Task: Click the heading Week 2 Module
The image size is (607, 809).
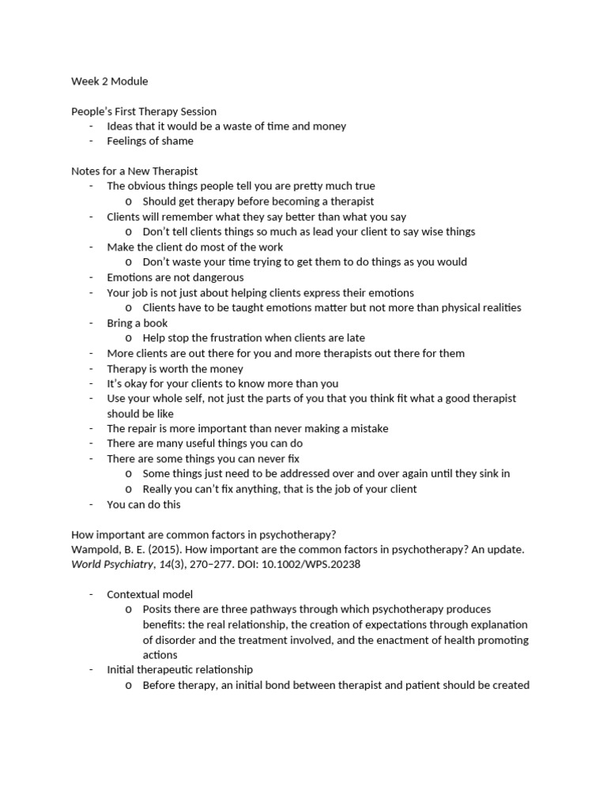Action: click(109, 81)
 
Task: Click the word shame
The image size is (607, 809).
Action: click(178, 141)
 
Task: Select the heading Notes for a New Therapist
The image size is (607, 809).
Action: click(134, 171)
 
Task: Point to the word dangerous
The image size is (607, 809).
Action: click(215, 277)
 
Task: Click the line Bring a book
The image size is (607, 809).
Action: click(138, 323)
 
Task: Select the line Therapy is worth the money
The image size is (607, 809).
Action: click(175, 369)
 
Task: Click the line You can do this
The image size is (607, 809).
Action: click(144, 504)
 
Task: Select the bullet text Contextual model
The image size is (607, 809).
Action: click(150, 594)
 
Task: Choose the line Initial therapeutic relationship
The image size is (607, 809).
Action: click(180, 670)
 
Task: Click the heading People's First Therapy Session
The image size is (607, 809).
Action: click(144, 111)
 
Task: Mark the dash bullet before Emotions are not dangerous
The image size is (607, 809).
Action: click(91, 277)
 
